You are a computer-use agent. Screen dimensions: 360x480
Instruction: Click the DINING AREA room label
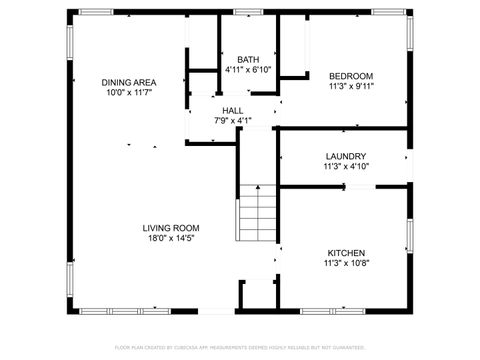128,81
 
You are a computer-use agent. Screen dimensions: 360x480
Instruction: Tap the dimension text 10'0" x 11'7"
128,92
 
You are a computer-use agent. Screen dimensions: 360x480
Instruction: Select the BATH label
248,59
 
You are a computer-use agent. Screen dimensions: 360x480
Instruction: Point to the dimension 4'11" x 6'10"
248,70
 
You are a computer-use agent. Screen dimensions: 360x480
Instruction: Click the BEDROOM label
351,76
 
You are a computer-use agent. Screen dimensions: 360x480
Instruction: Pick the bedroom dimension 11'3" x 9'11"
351,87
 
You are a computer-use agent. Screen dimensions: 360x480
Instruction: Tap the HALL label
233,110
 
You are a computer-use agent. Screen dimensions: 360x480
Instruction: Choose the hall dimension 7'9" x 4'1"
233,121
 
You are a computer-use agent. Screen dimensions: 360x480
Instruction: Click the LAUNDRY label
345,156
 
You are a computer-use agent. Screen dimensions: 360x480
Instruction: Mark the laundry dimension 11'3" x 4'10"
345,167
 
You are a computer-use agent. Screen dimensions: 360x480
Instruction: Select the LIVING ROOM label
170,227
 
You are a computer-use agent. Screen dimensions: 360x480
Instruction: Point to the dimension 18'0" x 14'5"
170,238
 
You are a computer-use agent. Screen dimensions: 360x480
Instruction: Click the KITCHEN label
346,253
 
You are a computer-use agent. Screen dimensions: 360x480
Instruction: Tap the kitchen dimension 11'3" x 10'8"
346,264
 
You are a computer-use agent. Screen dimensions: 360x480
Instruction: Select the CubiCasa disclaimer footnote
240,347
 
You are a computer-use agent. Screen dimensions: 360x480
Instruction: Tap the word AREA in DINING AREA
144,81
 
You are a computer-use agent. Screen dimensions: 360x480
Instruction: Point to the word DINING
116,81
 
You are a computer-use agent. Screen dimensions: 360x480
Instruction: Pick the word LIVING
157,227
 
